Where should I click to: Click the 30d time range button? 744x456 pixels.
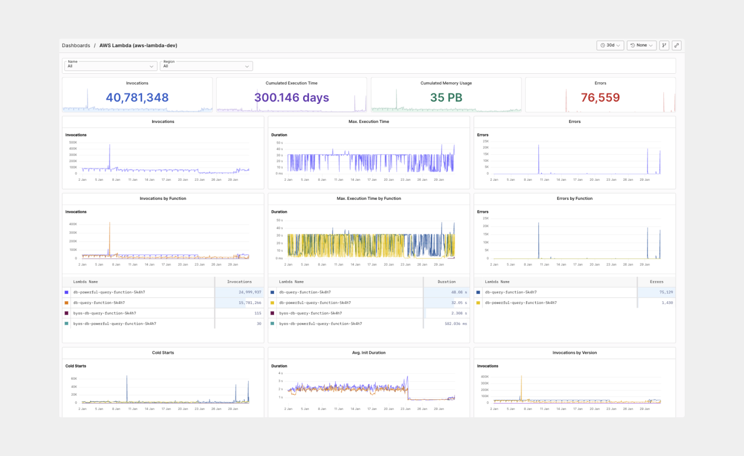610,46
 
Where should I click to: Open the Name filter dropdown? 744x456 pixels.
110,66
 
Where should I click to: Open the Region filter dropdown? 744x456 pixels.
206,66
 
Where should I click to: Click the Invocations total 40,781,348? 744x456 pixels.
137,98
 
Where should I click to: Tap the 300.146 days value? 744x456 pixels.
291,98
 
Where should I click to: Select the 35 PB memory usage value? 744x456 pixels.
446,98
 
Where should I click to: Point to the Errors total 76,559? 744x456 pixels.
600,98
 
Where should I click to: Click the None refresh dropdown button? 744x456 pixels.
641,46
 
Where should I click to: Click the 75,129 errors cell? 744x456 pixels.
666,292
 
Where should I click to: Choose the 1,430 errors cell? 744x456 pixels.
667,303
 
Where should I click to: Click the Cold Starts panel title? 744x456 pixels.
163,353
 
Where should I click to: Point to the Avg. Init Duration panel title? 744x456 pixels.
369,353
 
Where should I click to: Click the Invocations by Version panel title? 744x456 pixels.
574,353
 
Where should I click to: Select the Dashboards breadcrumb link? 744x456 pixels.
76,46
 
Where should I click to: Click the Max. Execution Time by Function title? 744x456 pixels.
369,198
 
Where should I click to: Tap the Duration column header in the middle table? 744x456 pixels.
446,282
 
